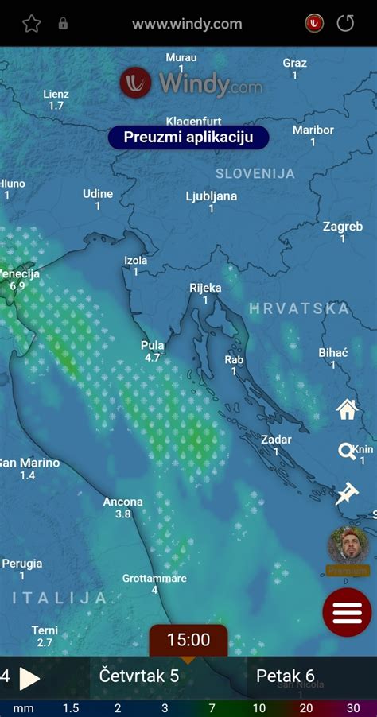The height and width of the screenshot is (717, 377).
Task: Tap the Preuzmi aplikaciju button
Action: click(188, 137)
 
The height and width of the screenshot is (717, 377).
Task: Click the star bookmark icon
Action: click(31, 24)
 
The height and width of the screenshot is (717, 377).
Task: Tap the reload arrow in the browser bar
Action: click(345, 24)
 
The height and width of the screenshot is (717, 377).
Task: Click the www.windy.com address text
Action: click(187, 24)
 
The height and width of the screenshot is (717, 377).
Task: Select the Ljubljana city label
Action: click(212, 196)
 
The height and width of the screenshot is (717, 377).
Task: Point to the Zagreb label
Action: click(343, 227)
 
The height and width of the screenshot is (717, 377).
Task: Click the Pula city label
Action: click(153, 346)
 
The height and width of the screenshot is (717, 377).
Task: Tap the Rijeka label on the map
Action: click(205, 289)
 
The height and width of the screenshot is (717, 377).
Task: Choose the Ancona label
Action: click(123, 502)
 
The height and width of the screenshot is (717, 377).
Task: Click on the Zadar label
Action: click(276, 440)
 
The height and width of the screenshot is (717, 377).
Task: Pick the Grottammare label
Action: click(154, 578)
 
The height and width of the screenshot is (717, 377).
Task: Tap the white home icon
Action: click(348, 409)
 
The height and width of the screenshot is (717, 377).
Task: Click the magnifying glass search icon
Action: click(347, 452)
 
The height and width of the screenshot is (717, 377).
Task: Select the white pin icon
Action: click(347, 494)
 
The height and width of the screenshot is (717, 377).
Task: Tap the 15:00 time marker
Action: click(188, 640)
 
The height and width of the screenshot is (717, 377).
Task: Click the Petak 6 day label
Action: click(286, 676)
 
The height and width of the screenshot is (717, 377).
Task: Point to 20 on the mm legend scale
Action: click(306, 708)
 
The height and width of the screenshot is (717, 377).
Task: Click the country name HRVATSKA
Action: click(299, 308)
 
